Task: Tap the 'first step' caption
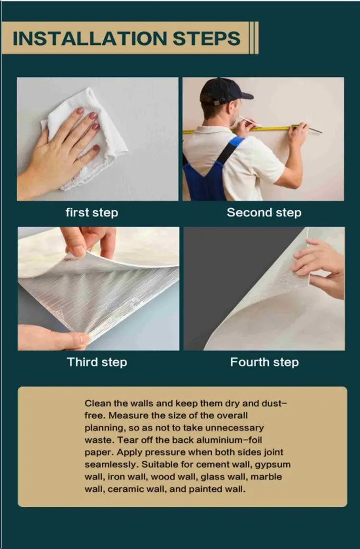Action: click(x=92, y=212)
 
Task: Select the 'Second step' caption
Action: click(x=264, y=212)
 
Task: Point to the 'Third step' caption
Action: click(x=97, y=362)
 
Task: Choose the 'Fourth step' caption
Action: click(x=264, y=362)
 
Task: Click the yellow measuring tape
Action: click(x=269, y=128)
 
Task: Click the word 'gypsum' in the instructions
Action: click(x=273, y=465)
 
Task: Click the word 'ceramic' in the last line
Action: click(x=123, y=489)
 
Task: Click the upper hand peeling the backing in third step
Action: click(x=89, y=240)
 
